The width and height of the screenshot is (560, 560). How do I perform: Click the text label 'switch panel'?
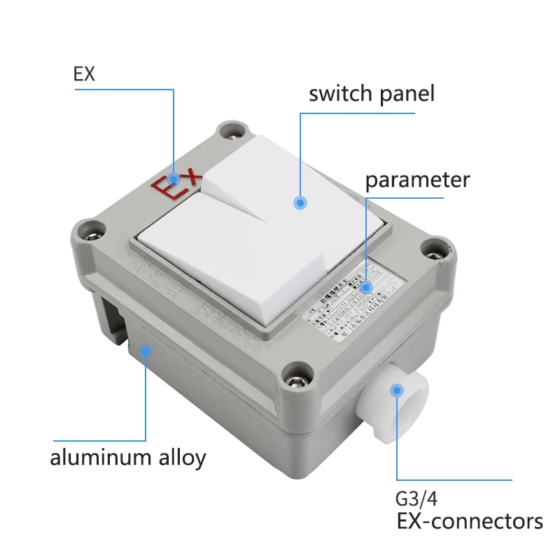pos(371,94)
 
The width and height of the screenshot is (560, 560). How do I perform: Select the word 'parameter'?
pos(417,180)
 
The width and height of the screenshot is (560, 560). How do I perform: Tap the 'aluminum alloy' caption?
pos(128,458)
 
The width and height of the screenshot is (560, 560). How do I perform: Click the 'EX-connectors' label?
pos(469,521)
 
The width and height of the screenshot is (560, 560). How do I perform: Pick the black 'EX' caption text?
pos(84,74)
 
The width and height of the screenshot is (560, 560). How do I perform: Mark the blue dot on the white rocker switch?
pos(300,203)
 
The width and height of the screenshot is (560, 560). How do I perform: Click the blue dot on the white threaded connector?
pos(398,390)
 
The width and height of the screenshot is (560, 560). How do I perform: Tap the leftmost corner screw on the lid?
pos(90,228)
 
